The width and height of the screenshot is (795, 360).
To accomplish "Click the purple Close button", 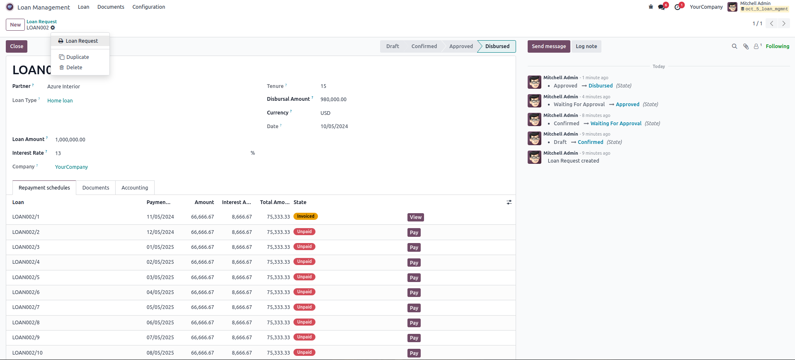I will click(x=17, y=46).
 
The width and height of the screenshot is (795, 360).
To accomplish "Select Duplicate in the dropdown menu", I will click(x=78, y=57).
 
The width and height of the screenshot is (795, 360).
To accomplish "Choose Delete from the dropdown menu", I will click(x=74, y=68).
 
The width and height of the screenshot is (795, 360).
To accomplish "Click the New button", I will click(x=15, y=25).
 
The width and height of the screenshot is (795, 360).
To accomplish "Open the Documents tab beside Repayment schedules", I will click(x=96, y=188).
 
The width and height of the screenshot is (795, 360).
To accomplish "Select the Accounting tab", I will click(x=135, y=188).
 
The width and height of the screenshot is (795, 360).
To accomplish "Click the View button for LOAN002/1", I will click(x=415, y=217).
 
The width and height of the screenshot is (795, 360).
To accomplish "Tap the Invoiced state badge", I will click(x=305, y=216).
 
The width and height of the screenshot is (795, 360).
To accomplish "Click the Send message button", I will click(x=548, y=46).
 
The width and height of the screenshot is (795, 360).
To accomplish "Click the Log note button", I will click(x=586, y=46).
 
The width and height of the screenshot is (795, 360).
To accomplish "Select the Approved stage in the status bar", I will click(x=461, y=46).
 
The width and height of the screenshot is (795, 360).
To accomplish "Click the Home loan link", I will click(x=60, y=101).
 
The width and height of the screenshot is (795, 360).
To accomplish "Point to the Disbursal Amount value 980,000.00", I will click(x=333, y=100).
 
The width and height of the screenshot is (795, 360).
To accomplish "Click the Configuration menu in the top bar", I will click(x=148, y=7).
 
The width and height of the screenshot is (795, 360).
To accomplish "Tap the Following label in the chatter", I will click(x=777, y=46).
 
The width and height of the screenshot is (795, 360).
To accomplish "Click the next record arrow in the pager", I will click(x=783, y=24).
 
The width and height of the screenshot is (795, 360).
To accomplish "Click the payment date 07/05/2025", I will click(x=160, y=338).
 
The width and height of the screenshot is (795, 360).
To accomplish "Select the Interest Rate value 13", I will click(x=58, y=153).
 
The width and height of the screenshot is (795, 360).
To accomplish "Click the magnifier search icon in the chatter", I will click(x=734, y=46).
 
